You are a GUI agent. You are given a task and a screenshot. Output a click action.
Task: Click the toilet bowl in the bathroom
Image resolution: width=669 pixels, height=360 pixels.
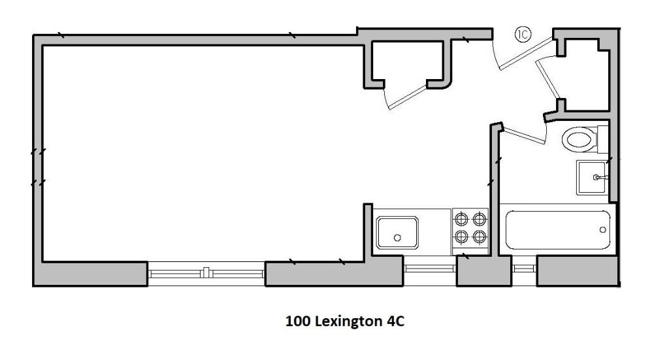click(579, 139)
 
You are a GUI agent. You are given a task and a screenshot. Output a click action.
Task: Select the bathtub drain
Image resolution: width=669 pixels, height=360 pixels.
click(602, 230)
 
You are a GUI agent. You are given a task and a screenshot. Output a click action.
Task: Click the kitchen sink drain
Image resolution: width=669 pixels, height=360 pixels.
click(397, 238)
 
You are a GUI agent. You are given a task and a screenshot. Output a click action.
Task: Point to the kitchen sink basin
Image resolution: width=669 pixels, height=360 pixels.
click(397, 233)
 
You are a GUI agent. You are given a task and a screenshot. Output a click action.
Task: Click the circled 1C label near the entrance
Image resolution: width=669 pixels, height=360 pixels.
click(523, 34)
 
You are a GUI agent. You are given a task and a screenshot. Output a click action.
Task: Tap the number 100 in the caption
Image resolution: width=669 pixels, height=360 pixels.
click(298, 321)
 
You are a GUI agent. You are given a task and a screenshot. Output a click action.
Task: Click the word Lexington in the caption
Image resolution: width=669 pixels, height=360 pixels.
click(349, 321)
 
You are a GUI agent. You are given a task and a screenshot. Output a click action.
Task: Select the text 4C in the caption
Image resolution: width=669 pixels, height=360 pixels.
click(395, 321)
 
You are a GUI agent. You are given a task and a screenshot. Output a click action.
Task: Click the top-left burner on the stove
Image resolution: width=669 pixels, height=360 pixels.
click(461, 220)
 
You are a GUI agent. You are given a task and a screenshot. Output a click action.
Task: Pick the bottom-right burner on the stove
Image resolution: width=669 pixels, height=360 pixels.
click(480, 237)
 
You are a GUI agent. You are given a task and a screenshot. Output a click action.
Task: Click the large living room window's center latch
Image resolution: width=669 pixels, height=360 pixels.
click(206, 272)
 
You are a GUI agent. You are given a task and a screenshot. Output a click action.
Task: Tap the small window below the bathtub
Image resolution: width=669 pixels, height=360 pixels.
click(523, 269)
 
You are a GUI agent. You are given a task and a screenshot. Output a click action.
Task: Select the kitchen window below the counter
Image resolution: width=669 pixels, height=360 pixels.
click(430, 269)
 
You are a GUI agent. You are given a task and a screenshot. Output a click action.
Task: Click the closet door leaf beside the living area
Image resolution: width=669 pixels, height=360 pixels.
click(408, 98)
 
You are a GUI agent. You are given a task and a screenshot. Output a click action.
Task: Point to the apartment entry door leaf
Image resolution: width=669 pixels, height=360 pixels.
click(526, 54)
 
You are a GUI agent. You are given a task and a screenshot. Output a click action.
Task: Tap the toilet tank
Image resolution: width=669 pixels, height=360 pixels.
click(602, 139)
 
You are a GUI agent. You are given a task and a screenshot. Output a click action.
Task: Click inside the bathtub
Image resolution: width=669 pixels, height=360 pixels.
click(558, 231)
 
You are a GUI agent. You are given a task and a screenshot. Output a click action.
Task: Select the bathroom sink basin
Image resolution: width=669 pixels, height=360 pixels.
click(591, 178)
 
